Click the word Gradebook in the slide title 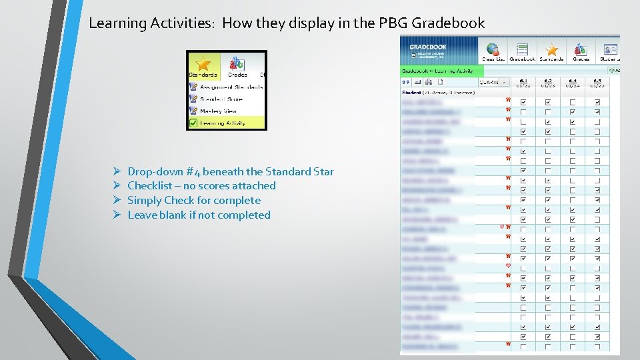[x=448, y=23]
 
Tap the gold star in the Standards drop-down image [x=203, y=63]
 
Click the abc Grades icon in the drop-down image [x=237, y=63]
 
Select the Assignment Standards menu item [x=231, y=87]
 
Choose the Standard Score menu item [x=221, y=99]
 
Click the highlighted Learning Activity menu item [x=223, y=123]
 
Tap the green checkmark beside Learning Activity [x=193, y=123]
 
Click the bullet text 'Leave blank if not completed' [x=199, y=215]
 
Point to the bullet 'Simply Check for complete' [x=193, y=200]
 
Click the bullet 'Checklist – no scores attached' [x=201, y=185]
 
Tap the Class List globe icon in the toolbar [x=493, y=51]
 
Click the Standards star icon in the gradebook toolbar [x=552, y=51]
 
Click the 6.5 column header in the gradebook [x=597, y=83]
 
